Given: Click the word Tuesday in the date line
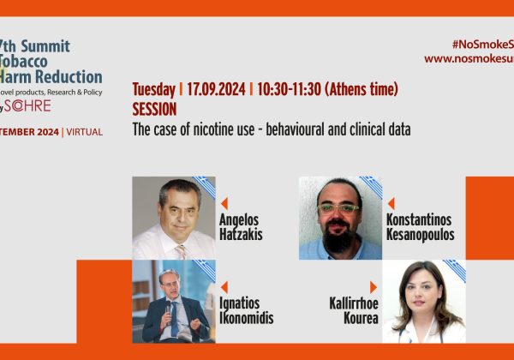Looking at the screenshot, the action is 153,89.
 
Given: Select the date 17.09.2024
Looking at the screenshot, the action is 216,89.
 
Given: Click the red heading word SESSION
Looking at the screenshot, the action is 154,109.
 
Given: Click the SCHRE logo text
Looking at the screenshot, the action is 27,105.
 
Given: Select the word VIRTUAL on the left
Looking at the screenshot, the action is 85,132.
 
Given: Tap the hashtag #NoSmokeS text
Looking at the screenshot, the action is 483,45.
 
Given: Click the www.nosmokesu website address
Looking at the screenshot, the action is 469,59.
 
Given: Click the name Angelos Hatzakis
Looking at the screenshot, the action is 241,227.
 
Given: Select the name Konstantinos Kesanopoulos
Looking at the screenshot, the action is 421,227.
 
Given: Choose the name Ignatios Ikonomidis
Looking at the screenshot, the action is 246,310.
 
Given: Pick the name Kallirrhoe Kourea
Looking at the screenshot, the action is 354,310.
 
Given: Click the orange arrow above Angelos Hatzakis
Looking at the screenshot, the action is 224,204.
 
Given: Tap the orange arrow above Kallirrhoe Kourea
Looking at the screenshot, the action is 374,287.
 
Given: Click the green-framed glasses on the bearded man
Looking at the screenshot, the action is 338,208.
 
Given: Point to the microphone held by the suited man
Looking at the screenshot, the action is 168,309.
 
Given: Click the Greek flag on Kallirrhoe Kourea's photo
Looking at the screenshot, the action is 454,271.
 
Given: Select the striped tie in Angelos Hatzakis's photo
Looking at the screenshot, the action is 180,251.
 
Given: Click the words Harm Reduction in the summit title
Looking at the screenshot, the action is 51,77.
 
